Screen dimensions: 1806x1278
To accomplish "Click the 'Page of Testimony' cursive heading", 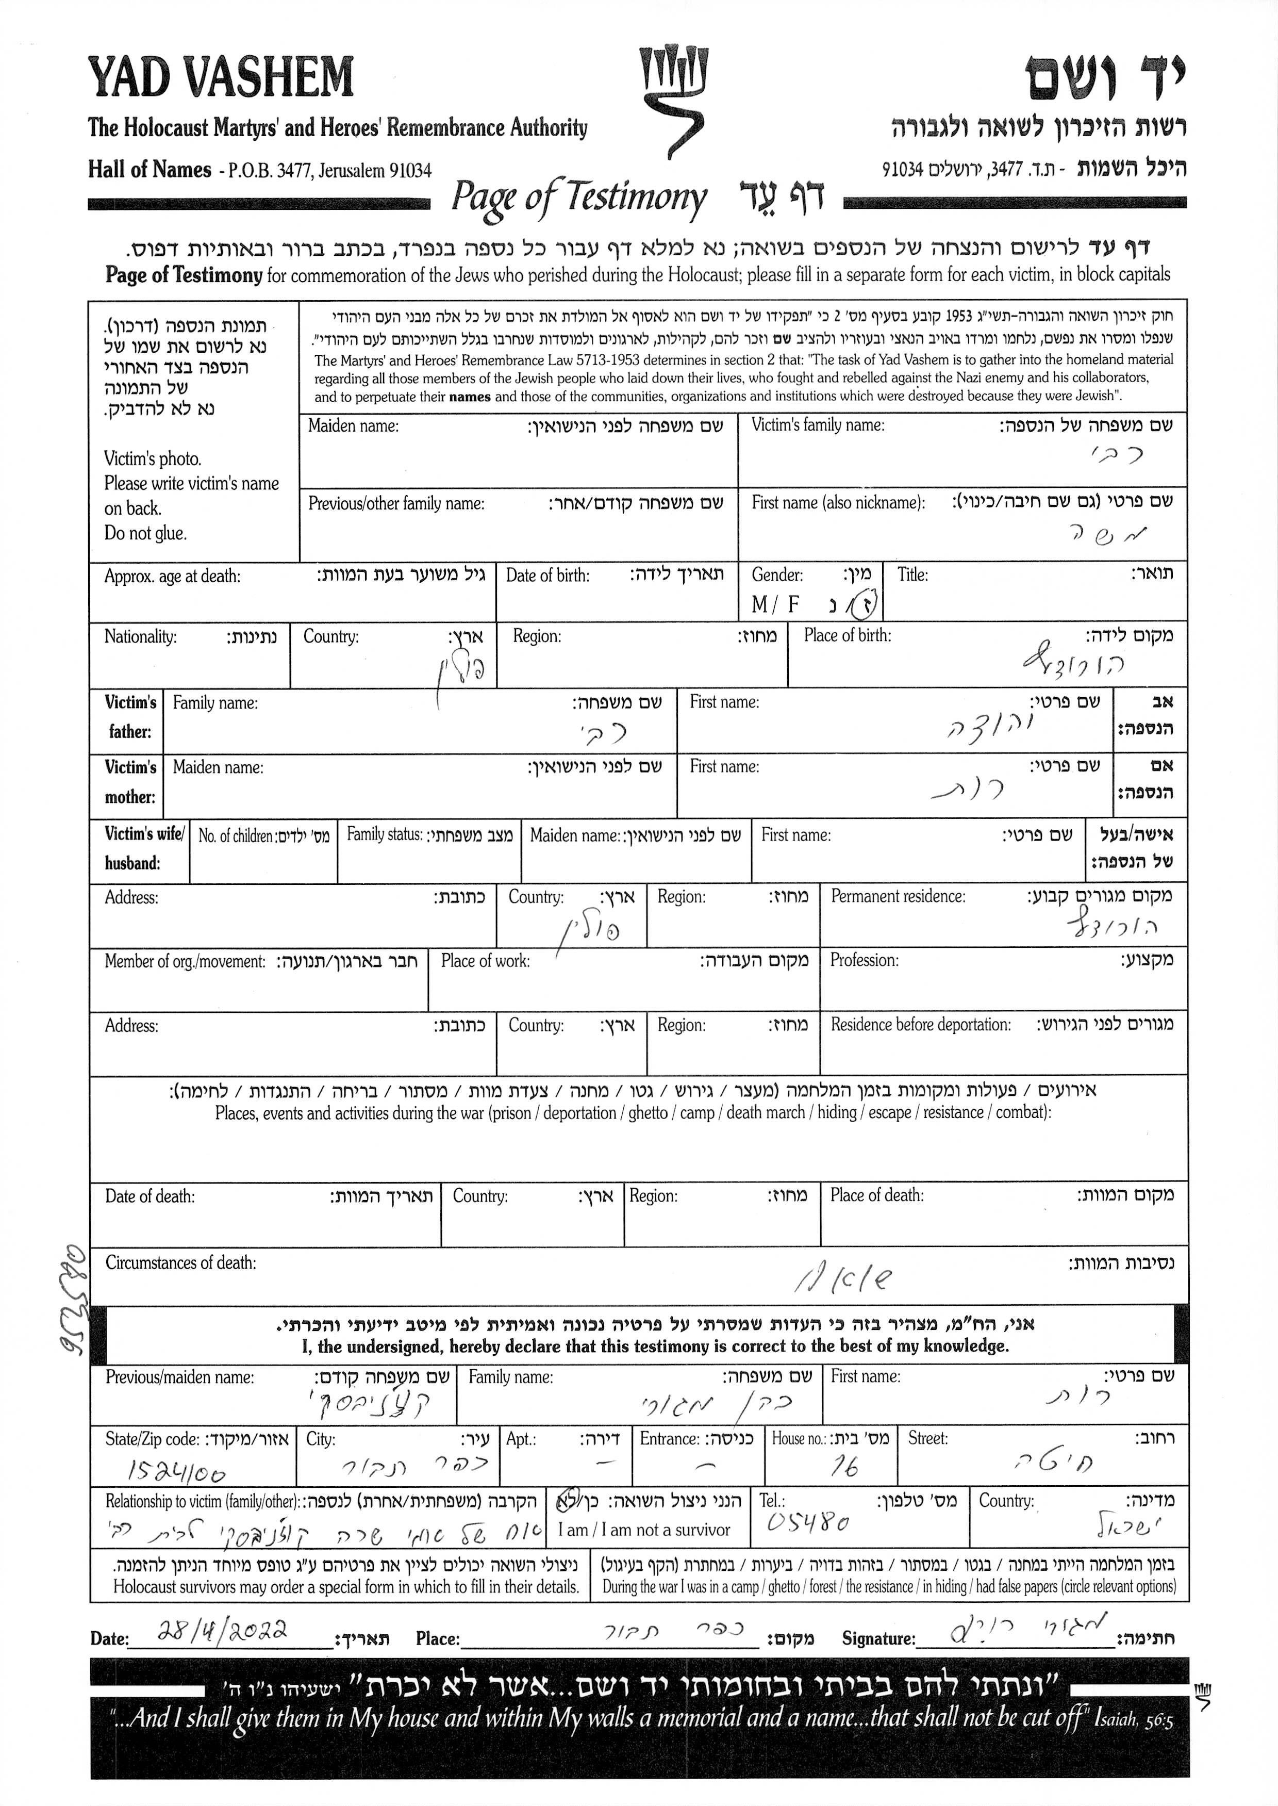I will pos(578,198).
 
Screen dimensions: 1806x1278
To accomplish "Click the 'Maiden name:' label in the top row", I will pos(353,426).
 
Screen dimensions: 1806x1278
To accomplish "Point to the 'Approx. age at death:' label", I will pos(172,576).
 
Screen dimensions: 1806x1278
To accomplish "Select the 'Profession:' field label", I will pos(864,960).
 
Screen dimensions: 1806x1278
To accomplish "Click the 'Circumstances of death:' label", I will pos(181,1263).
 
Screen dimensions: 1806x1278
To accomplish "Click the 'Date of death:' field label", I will pos(150,1196).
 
